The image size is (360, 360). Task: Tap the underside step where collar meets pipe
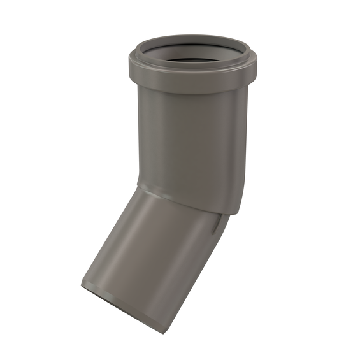(191, 90)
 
